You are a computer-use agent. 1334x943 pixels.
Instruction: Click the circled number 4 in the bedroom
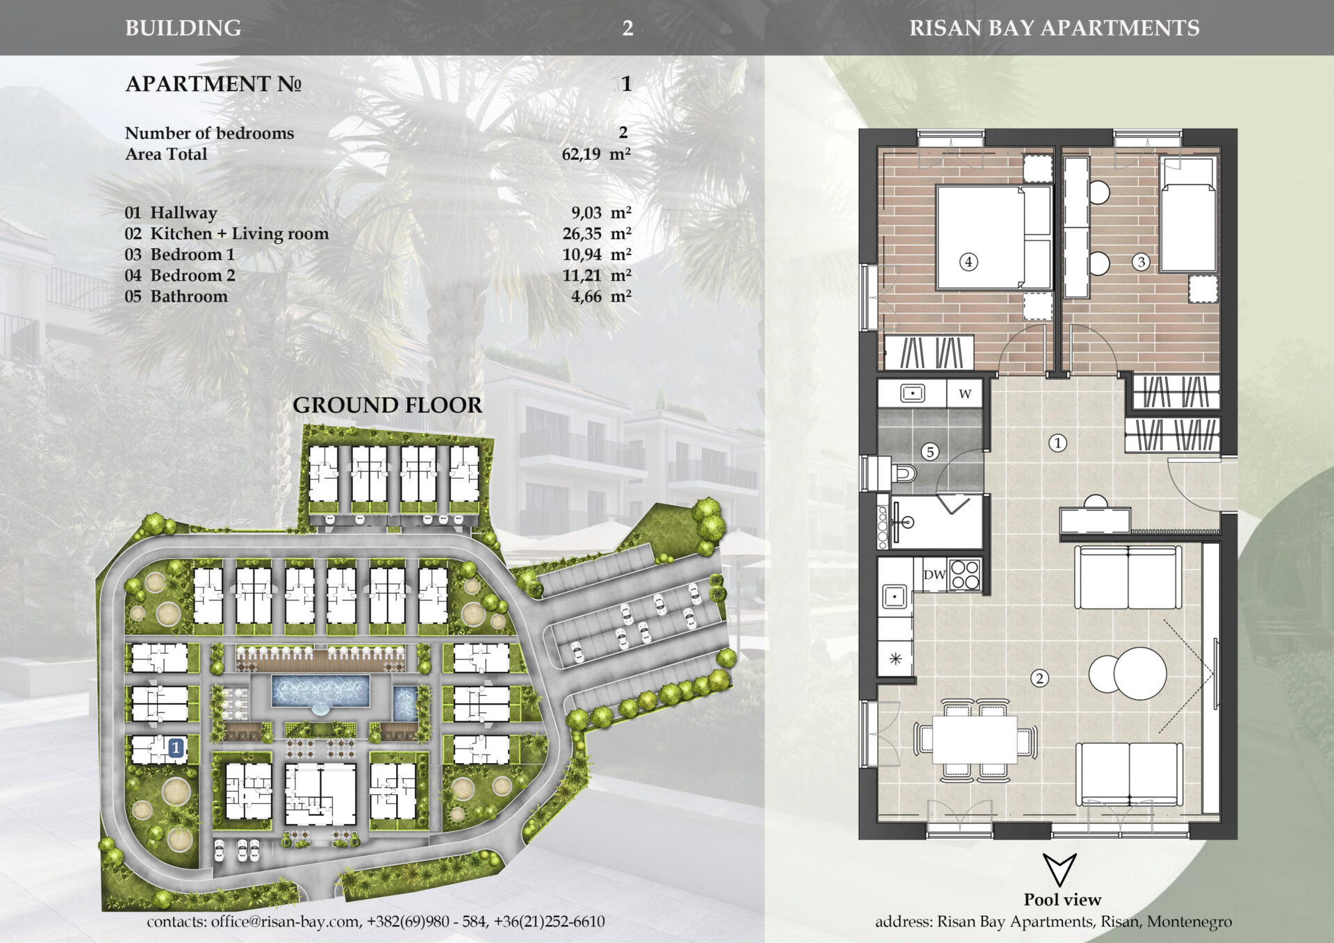tap(969, 262)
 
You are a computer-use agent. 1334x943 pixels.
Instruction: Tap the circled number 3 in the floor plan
tap(1141, 262)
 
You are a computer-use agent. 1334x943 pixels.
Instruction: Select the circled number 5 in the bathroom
tap(930, 452)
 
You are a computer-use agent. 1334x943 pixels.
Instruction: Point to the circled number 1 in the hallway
tap(1057, 443)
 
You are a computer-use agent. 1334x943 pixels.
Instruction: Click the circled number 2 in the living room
tap(1039, 678)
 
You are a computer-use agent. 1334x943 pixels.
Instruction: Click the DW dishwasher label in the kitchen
tap(934, 575)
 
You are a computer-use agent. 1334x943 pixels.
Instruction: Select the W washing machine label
tap(965, 394)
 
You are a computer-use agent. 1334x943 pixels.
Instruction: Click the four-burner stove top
tap(964, 575)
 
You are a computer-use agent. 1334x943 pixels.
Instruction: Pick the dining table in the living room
tap(975, 739)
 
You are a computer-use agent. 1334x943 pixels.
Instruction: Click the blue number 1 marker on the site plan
tap(176, 748)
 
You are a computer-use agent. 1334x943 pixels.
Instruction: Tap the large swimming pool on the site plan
tap(320, 691)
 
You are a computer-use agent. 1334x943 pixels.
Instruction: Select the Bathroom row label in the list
tap(189, 296)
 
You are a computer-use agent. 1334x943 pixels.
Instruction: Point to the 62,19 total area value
tap(581, 154)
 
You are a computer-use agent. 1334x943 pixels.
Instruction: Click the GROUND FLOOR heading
tap(387, 405)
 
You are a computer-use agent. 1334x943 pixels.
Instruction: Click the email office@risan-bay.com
tap(285, 921)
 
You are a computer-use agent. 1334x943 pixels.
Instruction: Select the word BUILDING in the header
tap(183, 28)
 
